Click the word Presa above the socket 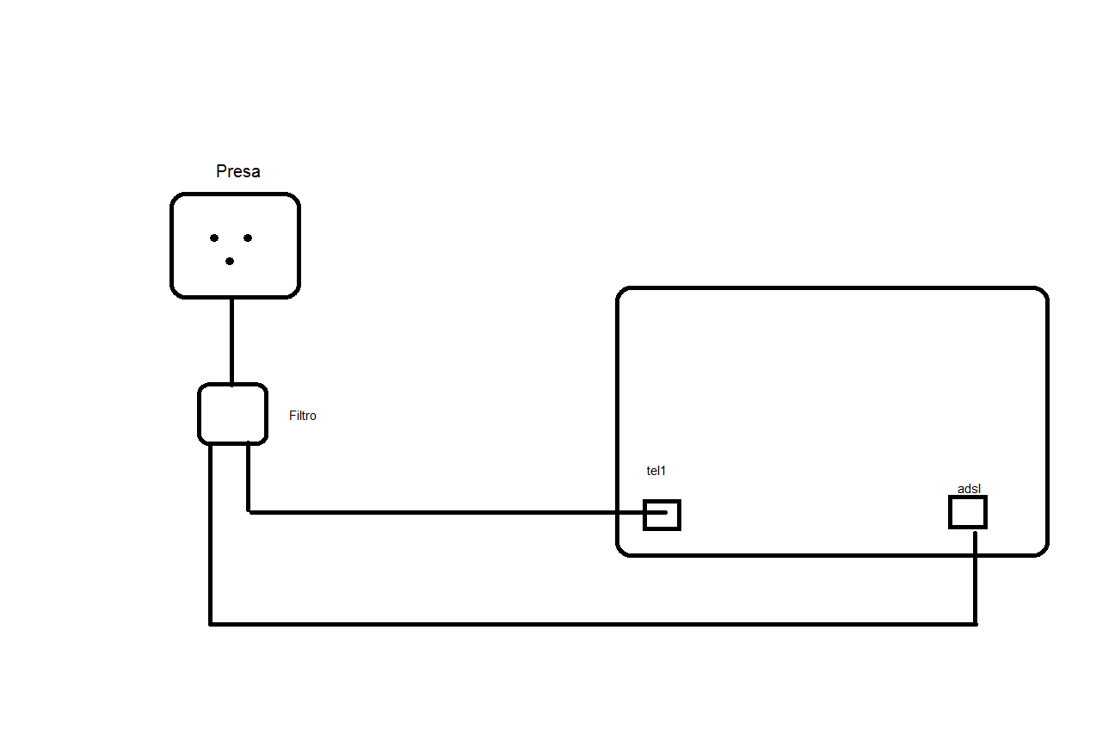click(238, 171)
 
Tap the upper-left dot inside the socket click(214, 238)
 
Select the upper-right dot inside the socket click(247, 238)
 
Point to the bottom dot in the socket click(230, 261)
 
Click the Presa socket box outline click(172, 245)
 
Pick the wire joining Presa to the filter click(231, 340)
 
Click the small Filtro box click(232, 414)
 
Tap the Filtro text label click(303, 416)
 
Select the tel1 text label click(656, 471)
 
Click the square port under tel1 click(662, 515)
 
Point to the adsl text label click(970, 489)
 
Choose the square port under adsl click(968, 512)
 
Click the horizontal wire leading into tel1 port click(447, 512)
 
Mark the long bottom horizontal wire click(594, 623)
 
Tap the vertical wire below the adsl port click(975, 577)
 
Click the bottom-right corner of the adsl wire click(975, 623)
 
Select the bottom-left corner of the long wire click(211, 623)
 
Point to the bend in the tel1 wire click(249, 512)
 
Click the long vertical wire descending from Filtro click(211, 534)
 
